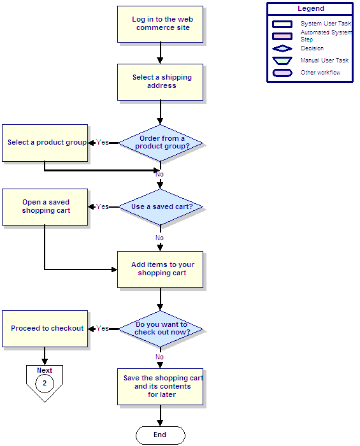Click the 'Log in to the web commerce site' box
coord(160,24)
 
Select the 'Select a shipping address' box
coord(160,82)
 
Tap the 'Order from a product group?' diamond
coord(161,143)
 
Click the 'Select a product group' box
coord(45,143)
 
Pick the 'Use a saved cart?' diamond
coord(161,207)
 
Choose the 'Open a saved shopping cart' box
coord(45,207)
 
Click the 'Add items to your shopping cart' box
coord(160,270)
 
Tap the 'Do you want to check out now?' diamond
coord(161,329)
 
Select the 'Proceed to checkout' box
coord(45,329)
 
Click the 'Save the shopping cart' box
coord(160,387)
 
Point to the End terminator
coord(161,435)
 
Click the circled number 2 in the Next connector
coord(45,383)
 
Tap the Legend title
coord(311,8)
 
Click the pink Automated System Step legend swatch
coord(282,36)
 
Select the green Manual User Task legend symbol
coord(282,61)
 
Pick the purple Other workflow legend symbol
coord(282,73)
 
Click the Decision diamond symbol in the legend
coord(282,48)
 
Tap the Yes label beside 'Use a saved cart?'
coord(103,206)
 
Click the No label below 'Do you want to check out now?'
coord(159,357)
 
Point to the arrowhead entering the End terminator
coord(161,423)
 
